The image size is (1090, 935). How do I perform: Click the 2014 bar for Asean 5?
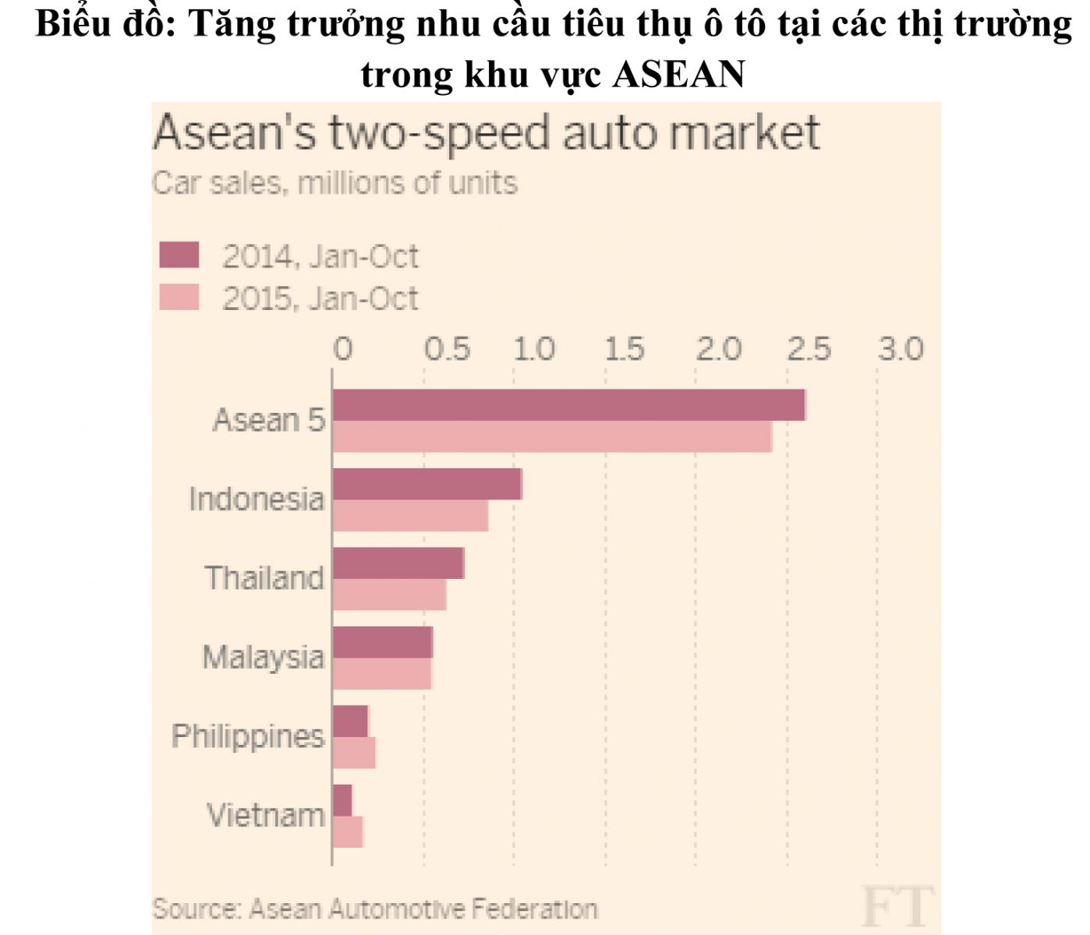pyautogui.click(x=568, y=405)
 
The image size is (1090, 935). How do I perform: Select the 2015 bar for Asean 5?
pyautogui.click(x=552, y=436)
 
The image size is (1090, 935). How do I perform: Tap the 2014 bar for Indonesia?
pyautogui.click(x=427, y=484)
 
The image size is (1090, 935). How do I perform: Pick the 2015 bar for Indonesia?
pyautogui.click(x=410, y=516)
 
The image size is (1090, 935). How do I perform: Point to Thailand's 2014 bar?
pyautogui.click(x=398, y=563)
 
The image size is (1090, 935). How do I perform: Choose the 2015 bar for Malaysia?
pyautogui.click(x=382, y=674)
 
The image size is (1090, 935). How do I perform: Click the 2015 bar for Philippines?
pyautogui.click(x=354, y=753)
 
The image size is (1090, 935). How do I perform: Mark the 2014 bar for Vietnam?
pyautogui.click(x=342, y=800)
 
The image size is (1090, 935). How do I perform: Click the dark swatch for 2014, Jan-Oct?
pyautogui.click(x=179, y=255)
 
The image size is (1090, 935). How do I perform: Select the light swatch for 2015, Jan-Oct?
pyautogui.click(x=179, y=297)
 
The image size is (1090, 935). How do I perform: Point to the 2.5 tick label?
pyautogui.click(x=809, y=349)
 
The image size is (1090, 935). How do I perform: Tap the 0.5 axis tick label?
pyautogui.click(x=448, y=349)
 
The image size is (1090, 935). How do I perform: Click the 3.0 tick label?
pyautogui.click(x=901, y=349)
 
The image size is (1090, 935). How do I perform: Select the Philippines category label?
pyautogui.click(x=248, y=736)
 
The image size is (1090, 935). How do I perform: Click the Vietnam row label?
pyautogui.click(x=265, y=815)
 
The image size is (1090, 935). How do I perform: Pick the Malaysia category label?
pyautogui.click(x=263, y=657)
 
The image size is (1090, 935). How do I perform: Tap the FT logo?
pyautogui.click(x=897, y=905)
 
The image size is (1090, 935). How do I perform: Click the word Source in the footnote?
pyautogui.click(x=196, y=909)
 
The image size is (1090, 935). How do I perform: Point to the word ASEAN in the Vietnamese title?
pyautogui.click(x=679, y=75)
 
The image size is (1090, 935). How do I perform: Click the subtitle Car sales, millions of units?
pyautogui.click(x=334, y=183)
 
